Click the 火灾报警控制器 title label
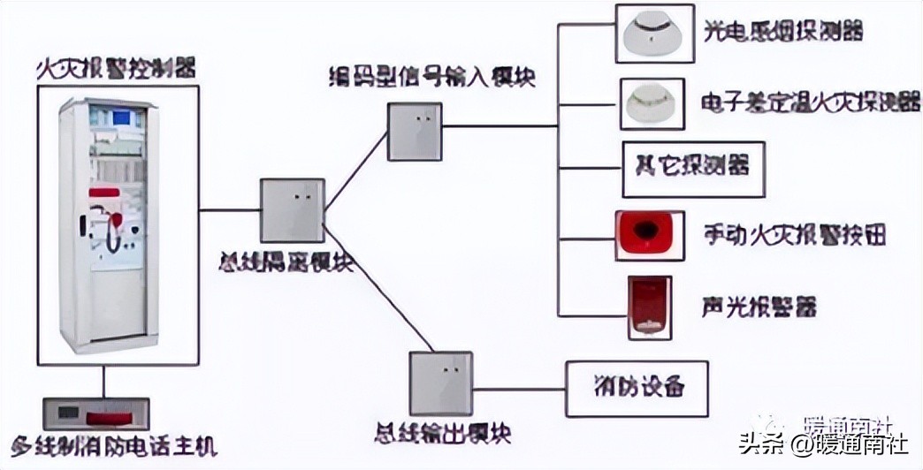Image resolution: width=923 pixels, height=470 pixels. click(117, 67)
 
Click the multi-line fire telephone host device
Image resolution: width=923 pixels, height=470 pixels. click(96, 413)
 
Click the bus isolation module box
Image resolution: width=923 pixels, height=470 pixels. click(292, 210)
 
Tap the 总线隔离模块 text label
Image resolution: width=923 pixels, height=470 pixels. click(286, 262)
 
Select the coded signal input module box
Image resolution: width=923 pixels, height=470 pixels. click(415, 132)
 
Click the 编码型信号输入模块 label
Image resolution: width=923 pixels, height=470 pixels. click(428, 77)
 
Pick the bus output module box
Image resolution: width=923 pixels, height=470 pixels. click(440, 383)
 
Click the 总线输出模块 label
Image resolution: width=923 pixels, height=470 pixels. click(441, 434)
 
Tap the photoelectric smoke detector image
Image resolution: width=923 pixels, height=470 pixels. click(650, 34)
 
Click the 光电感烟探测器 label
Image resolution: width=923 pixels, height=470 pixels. click(782, 33)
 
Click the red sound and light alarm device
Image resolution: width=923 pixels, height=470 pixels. click(650, 307)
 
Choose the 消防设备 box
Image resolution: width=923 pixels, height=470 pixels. click(637, 388)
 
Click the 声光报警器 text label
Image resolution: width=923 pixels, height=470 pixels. click(759, 307)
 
